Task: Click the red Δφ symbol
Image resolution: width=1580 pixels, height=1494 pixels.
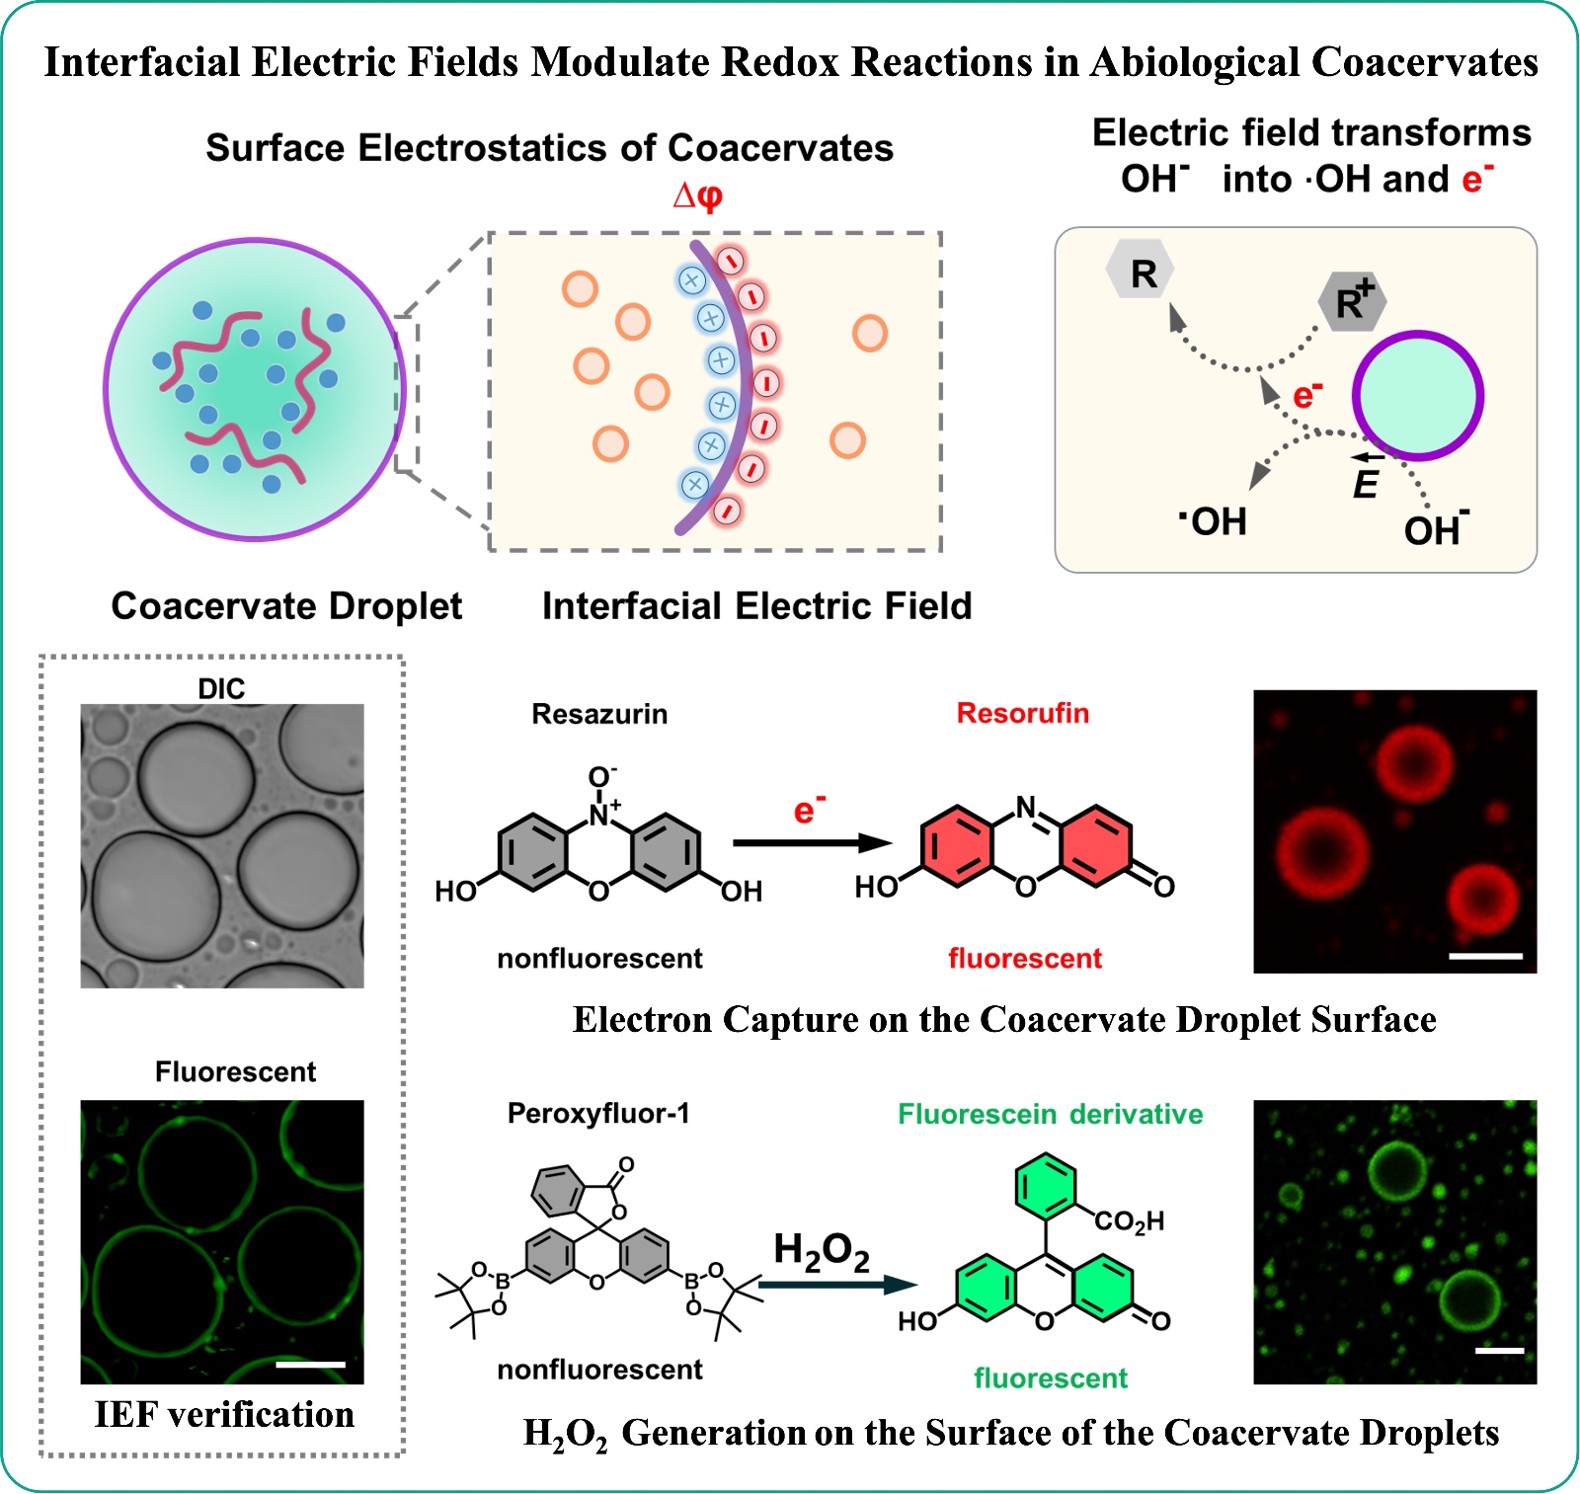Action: click(x=697, y=195)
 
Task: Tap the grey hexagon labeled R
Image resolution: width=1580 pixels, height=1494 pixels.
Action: click(x=1141, y=272)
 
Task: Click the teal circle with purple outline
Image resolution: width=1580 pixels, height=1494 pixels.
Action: click(x=1417, y=395)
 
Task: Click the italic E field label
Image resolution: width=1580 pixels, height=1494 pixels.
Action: click(x=1365, y=484)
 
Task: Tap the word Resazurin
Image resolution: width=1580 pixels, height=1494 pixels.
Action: click(x=599, y=714)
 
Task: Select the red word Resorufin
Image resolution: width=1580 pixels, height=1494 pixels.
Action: click(x=1022, y=713)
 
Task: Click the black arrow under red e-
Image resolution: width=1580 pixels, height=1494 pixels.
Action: click(x=812, y=843)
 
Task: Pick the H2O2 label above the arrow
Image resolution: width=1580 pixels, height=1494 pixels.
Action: click(x=822, y=1251)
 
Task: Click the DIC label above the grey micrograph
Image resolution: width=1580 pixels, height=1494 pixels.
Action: click(x=221, y=688)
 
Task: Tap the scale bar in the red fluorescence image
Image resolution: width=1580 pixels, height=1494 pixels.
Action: click(x=1485, y=956)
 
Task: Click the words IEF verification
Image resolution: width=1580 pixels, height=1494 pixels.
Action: click(x=224, y=1414)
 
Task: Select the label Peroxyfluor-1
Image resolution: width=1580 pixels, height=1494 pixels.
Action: click(x=598, y=1114)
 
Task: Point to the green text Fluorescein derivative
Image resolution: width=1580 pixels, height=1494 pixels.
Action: click(x=1050, y=1114)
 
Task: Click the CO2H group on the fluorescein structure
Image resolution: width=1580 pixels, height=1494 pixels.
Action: click(x=1129, y=1221)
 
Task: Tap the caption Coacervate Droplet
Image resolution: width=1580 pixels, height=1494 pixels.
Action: click(x=286, y=605)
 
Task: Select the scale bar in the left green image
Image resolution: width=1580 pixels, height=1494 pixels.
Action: click(x=310, y=1364)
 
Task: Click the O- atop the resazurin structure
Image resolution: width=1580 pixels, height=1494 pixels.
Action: click(x=601, y=776)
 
